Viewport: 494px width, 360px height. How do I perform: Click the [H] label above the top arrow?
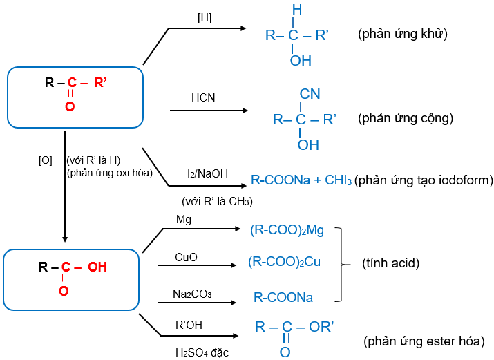pyautogui.click(x=204, y=17)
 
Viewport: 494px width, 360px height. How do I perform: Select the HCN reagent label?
pyautogui.click(x=203, y=98)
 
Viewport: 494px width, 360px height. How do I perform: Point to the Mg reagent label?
pyautogui.click(x=184, y=220)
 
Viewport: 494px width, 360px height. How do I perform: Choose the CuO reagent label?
pyautogui.click(x=186, y=257)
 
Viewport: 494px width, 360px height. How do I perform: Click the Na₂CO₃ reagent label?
pyautogui.click(x=192, y=294)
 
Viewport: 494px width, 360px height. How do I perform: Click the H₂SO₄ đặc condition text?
pyautogui.click(x=202, y=353)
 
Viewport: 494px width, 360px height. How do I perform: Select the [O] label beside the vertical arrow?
pyautogui.click(x=45, y=160)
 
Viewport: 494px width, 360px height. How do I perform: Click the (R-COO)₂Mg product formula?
pyautogui.click(x=287, y=230)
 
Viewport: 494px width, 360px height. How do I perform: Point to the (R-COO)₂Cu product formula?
pyautogui.click(x=285, y=263)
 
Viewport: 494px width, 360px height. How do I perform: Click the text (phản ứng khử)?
pyautogui.click(x=403, y=34)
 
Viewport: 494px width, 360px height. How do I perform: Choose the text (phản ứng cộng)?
pyautogui.click(x=406, y=118)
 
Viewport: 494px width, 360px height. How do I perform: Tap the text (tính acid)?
pyautogui.click(x=391, y=263)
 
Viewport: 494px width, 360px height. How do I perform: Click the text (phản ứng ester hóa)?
pyautogui.click(x=424, y=341)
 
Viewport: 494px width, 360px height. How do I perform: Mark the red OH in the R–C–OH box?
pyautogui.click(x=97, y=267)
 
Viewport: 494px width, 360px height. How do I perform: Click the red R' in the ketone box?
pyautogui.click(x=100, y=84)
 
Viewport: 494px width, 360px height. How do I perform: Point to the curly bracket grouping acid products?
pyautogui.click(x=340, y=263)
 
